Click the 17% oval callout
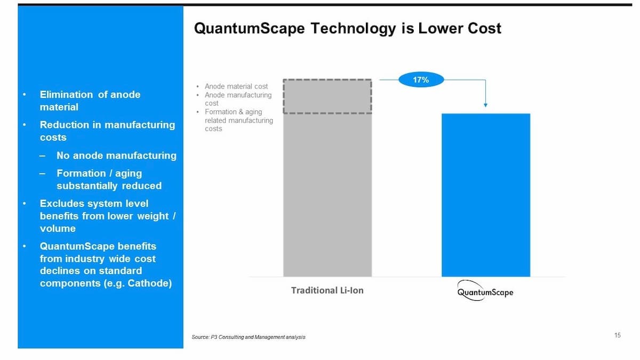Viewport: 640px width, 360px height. [421, 80]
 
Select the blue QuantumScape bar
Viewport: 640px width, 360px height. [486, 195]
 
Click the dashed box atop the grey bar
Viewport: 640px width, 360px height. [327, 97]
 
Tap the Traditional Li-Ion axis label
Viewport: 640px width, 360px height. [327, 291]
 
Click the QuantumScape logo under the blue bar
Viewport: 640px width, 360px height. [485, 292]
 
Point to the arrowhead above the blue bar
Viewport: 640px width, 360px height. [485, 105]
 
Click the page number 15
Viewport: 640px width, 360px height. [618, 335]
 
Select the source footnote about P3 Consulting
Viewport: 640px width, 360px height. [249, 337]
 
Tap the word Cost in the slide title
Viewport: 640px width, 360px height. [483, 28]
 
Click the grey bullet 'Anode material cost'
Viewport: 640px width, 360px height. [236, 86]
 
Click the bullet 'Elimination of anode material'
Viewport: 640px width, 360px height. [90, 101]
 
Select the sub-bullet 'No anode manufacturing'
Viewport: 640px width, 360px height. [116, 156]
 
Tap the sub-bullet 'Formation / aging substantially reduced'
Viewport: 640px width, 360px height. [109, 180]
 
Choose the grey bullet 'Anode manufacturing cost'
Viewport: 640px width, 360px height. [238, 99]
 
